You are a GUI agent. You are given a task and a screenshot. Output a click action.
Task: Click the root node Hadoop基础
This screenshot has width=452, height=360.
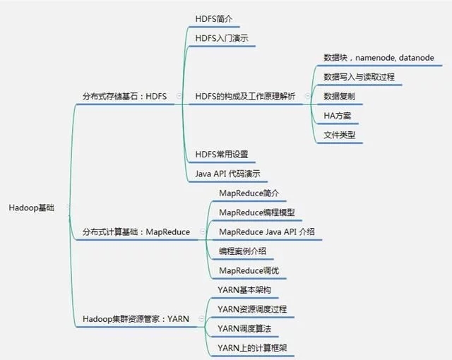(31, 208)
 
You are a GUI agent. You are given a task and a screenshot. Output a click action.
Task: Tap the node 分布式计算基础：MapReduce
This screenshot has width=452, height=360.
(136, 232)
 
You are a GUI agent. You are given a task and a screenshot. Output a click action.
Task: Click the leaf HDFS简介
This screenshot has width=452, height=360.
(214, 18)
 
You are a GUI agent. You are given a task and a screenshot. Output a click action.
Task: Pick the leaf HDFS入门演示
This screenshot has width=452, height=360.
(221, 37)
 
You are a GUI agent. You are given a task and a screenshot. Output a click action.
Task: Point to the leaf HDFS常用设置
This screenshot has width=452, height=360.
(221, 154)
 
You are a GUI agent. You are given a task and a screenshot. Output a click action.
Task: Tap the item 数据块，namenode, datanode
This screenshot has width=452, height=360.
(379, 57)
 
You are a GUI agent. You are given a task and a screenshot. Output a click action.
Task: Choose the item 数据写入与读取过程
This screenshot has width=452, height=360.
(359, 76)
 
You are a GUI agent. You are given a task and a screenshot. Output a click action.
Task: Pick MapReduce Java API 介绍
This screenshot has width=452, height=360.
(267, 232)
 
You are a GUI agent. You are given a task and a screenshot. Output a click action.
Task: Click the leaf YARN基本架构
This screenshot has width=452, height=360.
(244, 290)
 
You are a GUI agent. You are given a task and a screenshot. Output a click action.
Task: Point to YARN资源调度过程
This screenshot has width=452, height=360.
(252, 309)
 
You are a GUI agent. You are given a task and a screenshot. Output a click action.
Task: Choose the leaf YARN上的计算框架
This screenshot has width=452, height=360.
(252, 348)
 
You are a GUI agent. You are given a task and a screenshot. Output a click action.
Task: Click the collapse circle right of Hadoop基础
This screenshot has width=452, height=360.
(68, 208)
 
